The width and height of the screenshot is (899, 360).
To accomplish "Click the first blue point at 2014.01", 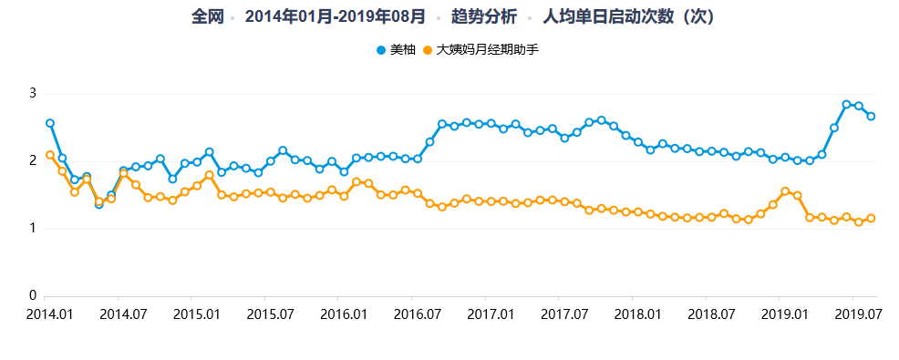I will click(50, 123).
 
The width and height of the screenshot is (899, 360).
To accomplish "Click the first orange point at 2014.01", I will click(50, 155).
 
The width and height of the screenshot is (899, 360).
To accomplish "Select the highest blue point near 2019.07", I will click(846, 105).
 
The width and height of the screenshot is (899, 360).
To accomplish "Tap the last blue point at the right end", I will click(871, 116).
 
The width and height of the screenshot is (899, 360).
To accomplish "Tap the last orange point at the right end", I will click(871, 218).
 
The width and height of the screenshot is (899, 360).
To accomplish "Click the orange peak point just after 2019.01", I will click(785, 191).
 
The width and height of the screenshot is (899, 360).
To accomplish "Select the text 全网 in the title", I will click(207, 16).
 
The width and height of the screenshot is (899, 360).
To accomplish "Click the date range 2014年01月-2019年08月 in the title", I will click(335, 16).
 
